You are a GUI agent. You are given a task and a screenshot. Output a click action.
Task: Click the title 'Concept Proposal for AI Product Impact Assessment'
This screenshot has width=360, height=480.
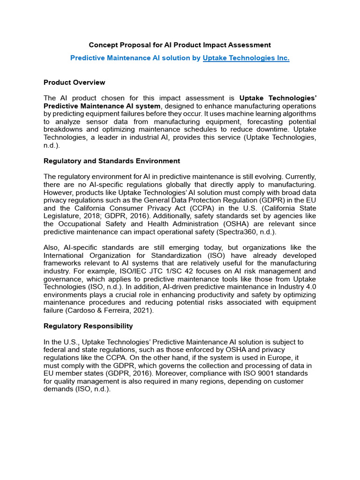[180, 45]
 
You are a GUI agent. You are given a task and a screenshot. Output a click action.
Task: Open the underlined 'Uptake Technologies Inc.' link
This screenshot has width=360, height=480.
[246, 58]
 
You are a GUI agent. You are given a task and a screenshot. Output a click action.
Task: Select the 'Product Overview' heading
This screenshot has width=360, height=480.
[74, 82]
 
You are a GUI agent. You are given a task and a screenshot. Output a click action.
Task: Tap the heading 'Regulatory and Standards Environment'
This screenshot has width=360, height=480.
[112, 161]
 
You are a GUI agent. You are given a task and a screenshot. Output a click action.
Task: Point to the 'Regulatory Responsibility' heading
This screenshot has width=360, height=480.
[88, 326]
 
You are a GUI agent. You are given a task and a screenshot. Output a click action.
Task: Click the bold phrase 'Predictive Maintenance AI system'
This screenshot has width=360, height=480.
[102, 106]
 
